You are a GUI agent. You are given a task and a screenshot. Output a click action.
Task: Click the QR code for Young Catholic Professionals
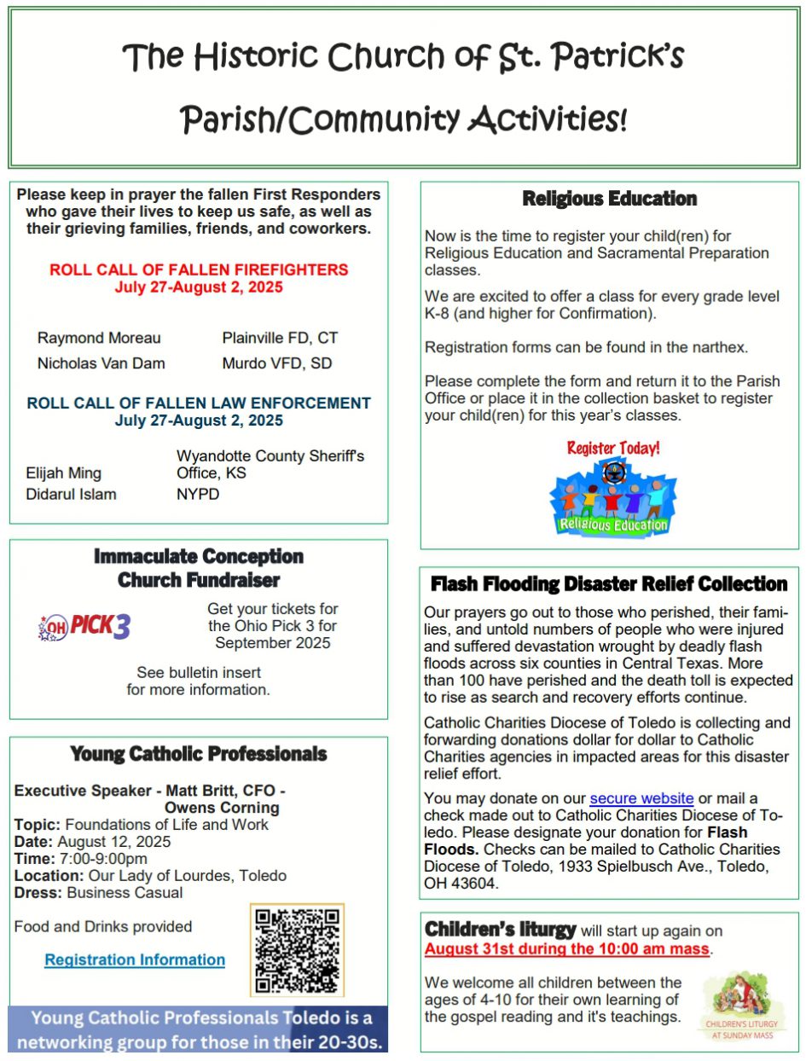point(297,950)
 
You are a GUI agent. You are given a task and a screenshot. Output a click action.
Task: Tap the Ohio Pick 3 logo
point(85,627)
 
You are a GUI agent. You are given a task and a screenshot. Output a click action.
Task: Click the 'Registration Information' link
point(135,960)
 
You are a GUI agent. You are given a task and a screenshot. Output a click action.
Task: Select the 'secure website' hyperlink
point(641,798)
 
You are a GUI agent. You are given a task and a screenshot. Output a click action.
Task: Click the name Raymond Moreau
point(99,338)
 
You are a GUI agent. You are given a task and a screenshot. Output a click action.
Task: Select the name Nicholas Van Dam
point(101,363)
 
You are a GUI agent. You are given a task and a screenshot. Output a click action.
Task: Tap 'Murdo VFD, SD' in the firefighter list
point(277,363)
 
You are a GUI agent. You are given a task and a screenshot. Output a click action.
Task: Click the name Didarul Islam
point(72,494)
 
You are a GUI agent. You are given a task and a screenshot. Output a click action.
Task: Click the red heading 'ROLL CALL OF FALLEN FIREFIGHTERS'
point(199,270)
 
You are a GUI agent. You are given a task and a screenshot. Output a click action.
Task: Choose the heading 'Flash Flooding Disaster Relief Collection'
point(609,584)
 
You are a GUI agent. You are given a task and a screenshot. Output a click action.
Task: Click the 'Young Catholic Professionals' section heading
point(199,754)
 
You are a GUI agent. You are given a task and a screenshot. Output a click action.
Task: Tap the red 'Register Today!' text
point(613,448)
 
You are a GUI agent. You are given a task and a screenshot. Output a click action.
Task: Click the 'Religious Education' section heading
point(609,199)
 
